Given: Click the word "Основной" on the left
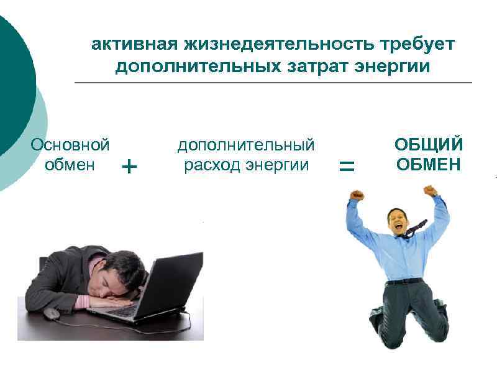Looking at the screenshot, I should click(70, 145).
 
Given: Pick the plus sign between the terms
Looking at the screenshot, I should click(129, 167).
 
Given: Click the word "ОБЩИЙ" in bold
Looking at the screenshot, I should click(429, 145).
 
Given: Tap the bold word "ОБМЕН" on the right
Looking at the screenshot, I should click(429, 165).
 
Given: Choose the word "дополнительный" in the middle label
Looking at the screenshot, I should click(246, 145).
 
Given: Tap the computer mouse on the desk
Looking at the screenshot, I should click(51, 314).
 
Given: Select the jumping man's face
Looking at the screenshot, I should click(398, 223).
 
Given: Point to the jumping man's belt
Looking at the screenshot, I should click(404, 281).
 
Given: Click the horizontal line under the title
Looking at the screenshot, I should click(273, 83).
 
